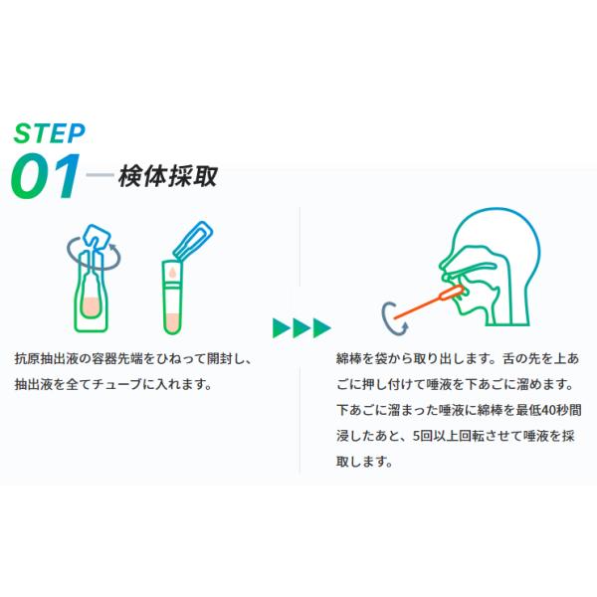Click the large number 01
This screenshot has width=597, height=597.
click(45, 176)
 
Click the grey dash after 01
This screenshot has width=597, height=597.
click(99, 177)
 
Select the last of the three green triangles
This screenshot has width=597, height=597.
click(321, 327)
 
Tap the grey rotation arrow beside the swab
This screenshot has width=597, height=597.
click(390, 317)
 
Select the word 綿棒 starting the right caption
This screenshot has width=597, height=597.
click(349, 357)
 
